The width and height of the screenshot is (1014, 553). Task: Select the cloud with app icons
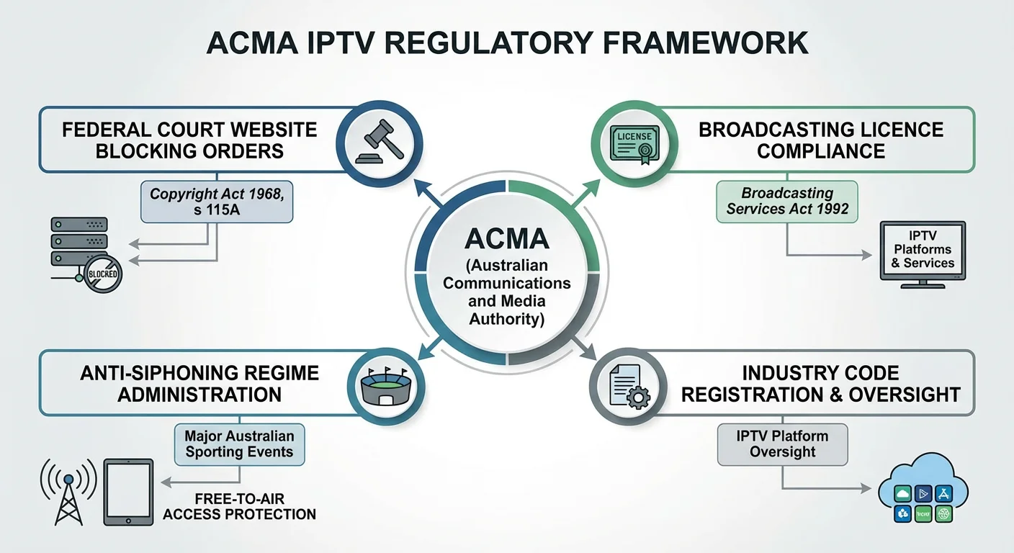(924, 490)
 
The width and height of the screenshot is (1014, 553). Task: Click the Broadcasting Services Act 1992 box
(787, 201)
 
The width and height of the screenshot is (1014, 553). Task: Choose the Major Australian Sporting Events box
(239, 444)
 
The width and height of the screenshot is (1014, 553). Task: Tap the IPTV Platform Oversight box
(782, 444)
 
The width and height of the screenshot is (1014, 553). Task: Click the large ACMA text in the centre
(507, 239)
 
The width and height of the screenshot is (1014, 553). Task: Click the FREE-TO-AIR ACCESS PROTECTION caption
(239, 506)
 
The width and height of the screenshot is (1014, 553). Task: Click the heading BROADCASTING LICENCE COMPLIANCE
(821, 140)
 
